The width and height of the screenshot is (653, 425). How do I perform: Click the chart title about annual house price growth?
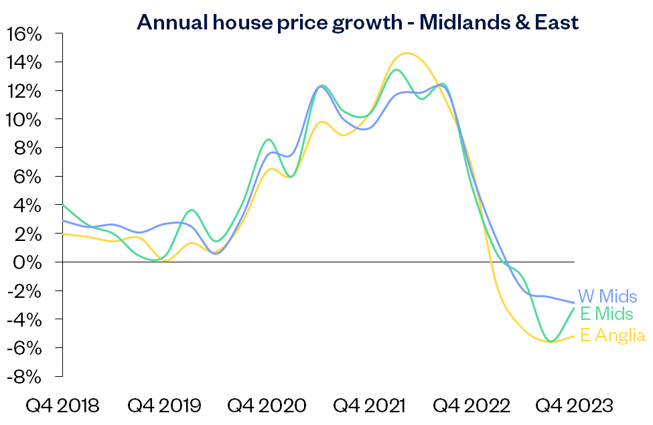[357, 22]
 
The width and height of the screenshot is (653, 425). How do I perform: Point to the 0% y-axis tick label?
[29, 262]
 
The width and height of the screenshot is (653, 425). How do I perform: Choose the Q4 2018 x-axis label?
[62, 405]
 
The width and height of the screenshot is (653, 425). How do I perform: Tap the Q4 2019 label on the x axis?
[164, 405]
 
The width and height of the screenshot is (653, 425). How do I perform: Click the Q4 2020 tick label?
[267, 405]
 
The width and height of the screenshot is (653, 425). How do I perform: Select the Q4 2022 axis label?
[471, 405]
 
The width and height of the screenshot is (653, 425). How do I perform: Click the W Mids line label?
[607, 296]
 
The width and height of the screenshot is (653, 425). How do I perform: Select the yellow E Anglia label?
[612, 335]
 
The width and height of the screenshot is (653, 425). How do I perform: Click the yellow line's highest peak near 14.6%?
[406, 53]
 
